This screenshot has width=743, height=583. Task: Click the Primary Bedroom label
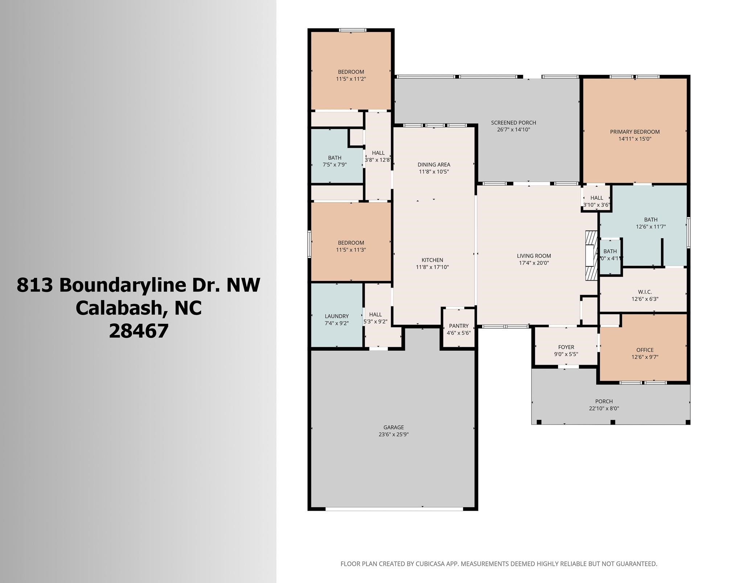(635, 132)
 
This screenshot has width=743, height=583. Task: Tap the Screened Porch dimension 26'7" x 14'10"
(513, 129)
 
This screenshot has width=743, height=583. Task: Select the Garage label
(394, 427)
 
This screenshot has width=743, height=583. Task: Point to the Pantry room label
(459, 326)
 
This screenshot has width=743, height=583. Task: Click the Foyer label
(566, 347)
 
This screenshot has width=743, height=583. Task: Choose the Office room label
(645, 350)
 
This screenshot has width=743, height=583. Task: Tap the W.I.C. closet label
(645, 292)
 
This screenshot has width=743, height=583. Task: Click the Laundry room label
(337, 316)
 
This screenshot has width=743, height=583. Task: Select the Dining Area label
(434, 165)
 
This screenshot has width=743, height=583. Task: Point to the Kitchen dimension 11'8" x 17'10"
(432, 267)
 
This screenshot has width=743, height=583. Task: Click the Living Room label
(534, 256)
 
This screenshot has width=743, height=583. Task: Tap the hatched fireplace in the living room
(591, 255)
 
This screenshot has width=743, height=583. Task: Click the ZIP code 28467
(139, 331)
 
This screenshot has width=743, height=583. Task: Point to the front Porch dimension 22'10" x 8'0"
(604, 408)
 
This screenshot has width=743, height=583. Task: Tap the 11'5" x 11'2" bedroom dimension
(351, 79)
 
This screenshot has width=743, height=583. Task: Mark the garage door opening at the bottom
(394, 509)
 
